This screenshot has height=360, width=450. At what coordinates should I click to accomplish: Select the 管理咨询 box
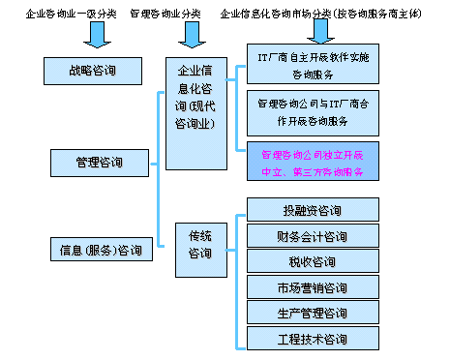(x=99, y=161)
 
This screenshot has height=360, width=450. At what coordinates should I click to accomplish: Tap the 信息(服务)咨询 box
(x=101, y=251)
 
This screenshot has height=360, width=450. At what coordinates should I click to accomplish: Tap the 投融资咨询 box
(x=313, y=210)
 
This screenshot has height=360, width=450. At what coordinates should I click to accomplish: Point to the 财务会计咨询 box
(x=313, y=236)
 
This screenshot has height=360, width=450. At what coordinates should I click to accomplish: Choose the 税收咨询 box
(x=313, y=261)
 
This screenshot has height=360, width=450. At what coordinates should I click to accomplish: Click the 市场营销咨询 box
(x=313, y=287)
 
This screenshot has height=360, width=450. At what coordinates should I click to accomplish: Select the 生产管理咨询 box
(x=313, y=313)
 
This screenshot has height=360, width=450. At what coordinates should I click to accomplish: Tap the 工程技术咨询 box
(x=313, y=339)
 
